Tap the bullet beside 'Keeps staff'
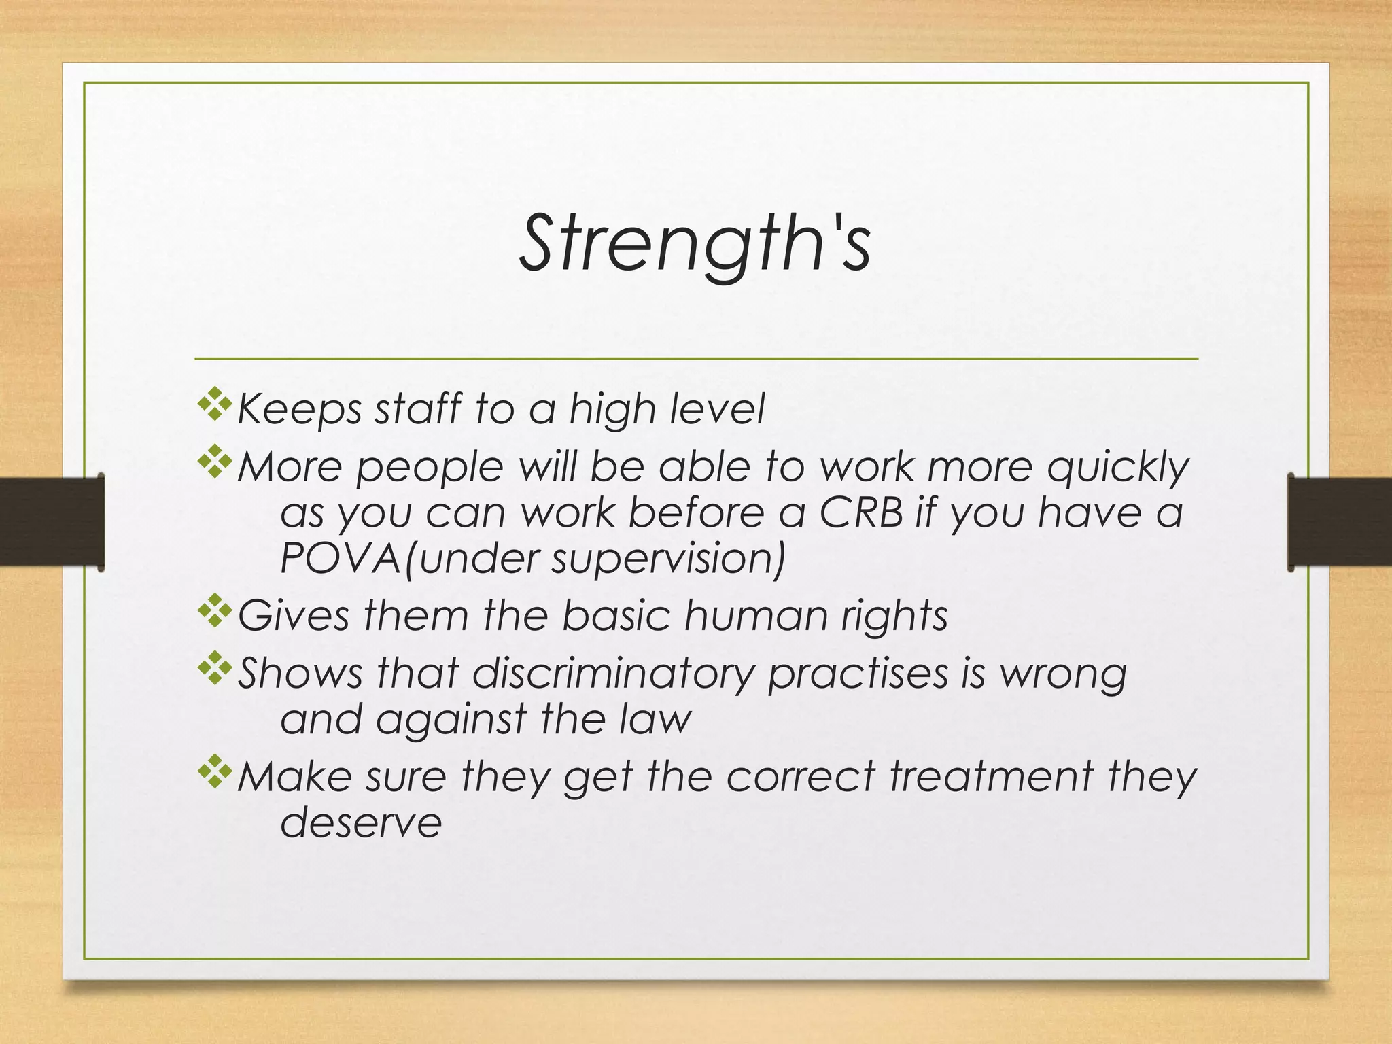click(214, 404)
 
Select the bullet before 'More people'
click(214, 462)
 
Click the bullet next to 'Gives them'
click(214, 610)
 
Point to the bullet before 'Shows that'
click(214, 668)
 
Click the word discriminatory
click(613, 673)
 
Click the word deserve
click(361, 822)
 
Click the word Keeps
click(299, 410)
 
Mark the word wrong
click(1063, 674)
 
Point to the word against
click(451, 720)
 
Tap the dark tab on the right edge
click(1339, 521)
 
